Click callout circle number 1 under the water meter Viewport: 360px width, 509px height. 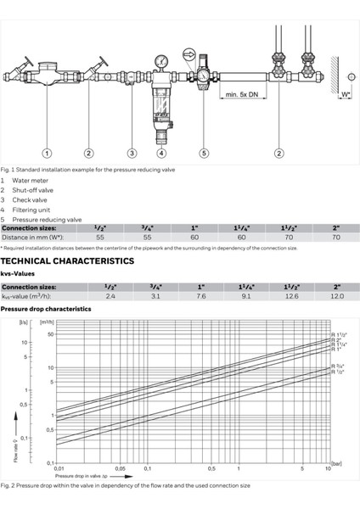(x=47, y=153)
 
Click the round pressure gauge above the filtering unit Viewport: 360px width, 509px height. (x=160, y=61)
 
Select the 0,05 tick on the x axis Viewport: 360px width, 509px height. (x=121, y=468)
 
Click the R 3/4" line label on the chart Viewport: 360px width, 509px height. (x=336, y=365)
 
